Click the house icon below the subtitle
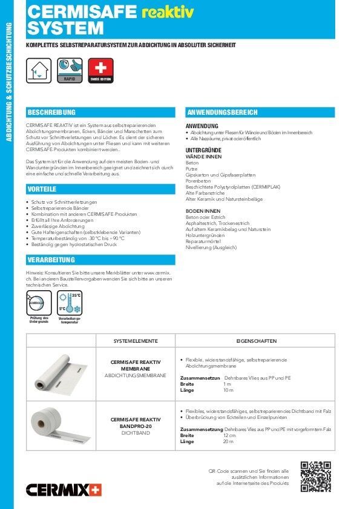(x=38, y=70)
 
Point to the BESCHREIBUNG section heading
(x=52, y=112)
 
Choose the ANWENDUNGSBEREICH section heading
(x=223, y=112)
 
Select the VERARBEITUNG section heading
(x=51, y=260)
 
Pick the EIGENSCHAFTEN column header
(x=255, y=341)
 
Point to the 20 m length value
(x=228, y=442)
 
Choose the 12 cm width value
(x=229, y=435)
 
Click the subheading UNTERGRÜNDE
(x=203, y=149)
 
